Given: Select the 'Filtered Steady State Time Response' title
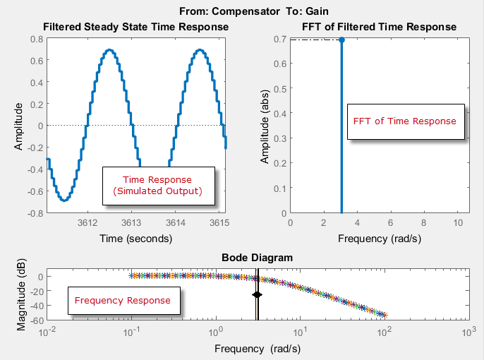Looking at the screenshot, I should [136, 27].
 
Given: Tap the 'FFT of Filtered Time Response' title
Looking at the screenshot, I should [379, 27].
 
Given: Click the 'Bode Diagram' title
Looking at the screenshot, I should [258, 258].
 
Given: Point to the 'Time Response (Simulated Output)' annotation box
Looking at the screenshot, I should [157, 186].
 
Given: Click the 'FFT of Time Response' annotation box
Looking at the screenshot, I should [405, 121].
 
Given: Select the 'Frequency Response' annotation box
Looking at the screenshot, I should [122, 301].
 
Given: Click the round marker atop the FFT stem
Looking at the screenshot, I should [341, 40].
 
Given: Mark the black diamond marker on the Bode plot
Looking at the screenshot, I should [257, 294].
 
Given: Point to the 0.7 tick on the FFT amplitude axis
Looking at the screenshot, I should [282, 39].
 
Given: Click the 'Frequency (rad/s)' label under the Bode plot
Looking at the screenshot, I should [258, 349].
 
